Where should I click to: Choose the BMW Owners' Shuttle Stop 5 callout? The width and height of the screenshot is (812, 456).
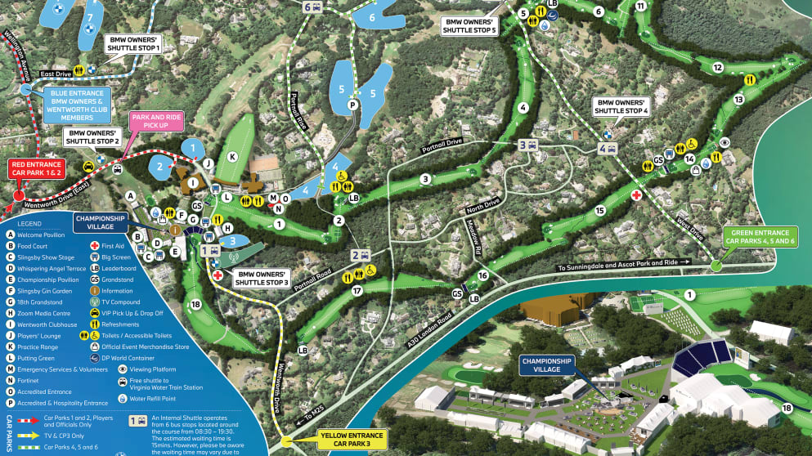point(469,25)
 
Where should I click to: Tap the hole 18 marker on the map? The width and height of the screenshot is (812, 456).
point(195,305)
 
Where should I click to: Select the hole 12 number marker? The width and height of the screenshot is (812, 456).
point(717,68)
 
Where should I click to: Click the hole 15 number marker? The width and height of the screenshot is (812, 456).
point(599,211)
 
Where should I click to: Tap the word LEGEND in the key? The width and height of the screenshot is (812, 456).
point(31,224)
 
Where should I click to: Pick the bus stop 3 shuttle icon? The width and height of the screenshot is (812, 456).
point(527,145)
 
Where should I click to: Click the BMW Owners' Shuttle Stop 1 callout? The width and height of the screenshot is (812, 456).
point(132,43)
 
